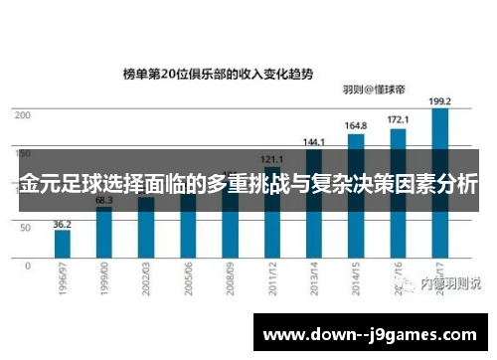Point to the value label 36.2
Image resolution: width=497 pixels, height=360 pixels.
pos(62,224)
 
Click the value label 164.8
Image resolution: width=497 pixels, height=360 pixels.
pos(355,126)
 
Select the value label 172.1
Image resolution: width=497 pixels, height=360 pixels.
pos(398,119)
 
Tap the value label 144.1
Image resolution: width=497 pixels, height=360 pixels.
pos(313,142)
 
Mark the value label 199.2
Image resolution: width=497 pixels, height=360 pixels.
pos(439,101)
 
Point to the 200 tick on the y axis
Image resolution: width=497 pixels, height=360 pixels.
pos(22,115)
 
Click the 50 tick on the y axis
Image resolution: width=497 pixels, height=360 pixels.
pos(25,228)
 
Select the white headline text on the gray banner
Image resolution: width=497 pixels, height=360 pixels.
pos(248,184)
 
